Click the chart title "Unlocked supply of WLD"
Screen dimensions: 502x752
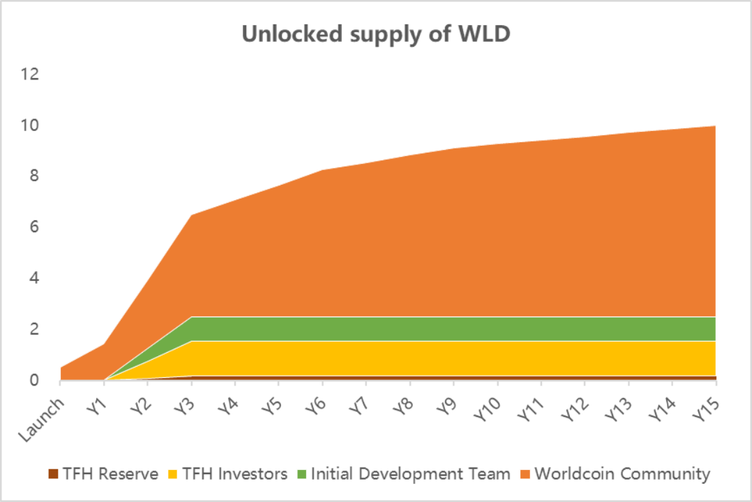point(376,34)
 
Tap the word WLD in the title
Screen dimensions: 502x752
point(483,34)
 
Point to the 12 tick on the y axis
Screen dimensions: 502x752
point(31,75)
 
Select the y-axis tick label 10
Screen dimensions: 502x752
point(31,125)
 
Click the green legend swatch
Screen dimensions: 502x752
point(301,474)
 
